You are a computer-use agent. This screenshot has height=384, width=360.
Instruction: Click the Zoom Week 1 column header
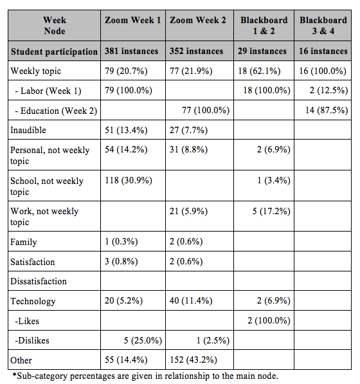pos(133,20)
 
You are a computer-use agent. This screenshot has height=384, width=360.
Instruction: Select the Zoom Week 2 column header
pos(198,20)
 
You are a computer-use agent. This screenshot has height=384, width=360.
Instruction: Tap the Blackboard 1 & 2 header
pos(264,26)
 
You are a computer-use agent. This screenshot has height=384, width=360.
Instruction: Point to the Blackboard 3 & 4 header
pos(323,26)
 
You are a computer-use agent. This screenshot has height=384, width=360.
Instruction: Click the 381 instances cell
pos(131,51)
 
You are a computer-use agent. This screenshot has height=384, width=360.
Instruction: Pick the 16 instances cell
pos(323,51)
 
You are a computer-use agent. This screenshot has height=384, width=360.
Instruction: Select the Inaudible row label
pos(28,130)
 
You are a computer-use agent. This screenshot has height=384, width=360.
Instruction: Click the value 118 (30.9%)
pos(129,181)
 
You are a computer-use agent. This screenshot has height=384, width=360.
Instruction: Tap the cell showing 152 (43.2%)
pos(194,360)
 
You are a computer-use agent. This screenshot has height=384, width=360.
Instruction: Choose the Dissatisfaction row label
pos(39,281)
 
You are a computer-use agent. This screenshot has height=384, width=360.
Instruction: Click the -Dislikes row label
pos(32,340)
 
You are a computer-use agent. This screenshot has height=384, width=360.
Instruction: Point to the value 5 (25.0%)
pos(143,340)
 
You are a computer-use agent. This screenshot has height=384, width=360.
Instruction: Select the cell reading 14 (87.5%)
pos(327,110)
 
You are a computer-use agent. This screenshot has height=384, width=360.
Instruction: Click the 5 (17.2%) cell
pos(271,211)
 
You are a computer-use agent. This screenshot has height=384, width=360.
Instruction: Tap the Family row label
pos(24,242)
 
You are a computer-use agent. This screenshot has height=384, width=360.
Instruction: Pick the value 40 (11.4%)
pos(191,300)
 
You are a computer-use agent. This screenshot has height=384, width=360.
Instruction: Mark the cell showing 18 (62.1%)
pos(259,71)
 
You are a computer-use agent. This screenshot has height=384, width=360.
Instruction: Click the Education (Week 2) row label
pos(56,111)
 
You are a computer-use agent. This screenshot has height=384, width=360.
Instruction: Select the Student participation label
pos(54,51)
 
